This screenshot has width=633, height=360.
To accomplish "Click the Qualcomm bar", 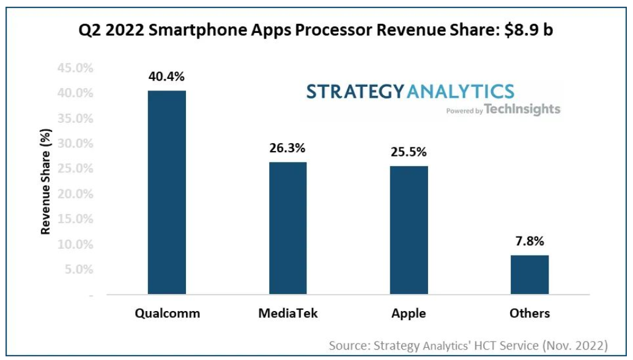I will point(167,193).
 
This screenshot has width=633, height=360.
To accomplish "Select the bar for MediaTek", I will point(287,228).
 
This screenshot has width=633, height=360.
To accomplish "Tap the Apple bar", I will point(409,230).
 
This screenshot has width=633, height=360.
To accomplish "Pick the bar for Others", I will point(530,274).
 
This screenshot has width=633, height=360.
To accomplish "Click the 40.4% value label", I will point(166,77).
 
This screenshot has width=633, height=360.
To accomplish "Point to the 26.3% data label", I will point(287,149).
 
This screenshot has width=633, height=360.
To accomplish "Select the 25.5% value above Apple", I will point(409,152).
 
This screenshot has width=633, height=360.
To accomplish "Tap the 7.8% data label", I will point(530,241).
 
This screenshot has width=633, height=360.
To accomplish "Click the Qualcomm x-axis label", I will point(167,314).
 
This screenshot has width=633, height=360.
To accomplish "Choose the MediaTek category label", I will point(288,314).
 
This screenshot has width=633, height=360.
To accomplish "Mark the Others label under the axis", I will point(530,314).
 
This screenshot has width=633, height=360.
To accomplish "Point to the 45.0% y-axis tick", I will point(75,68).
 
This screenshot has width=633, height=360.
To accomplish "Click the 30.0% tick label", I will point(75,144).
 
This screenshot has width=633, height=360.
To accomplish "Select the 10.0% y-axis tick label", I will point(75,244).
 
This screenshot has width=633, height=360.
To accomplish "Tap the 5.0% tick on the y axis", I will point(78,270).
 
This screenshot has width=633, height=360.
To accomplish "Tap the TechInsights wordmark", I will point(522,109).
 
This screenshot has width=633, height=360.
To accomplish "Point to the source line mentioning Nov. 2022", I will point(468,345).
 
